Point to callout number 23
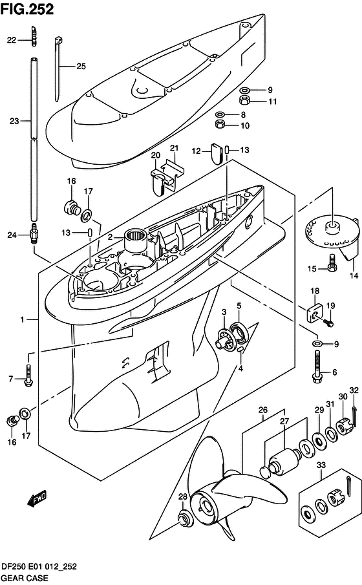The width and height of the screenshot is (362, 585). [x=15, y=120]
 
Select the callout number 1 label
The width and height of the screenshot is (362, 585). [x=22, y=319]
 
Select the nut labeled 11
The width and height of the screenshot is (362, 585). [x=246, y=101]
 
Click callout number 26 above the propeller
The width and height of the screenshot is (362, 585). [x=263, y=410]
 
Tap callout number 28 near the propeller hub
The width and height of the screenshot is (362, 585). [x=183, y=496]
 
